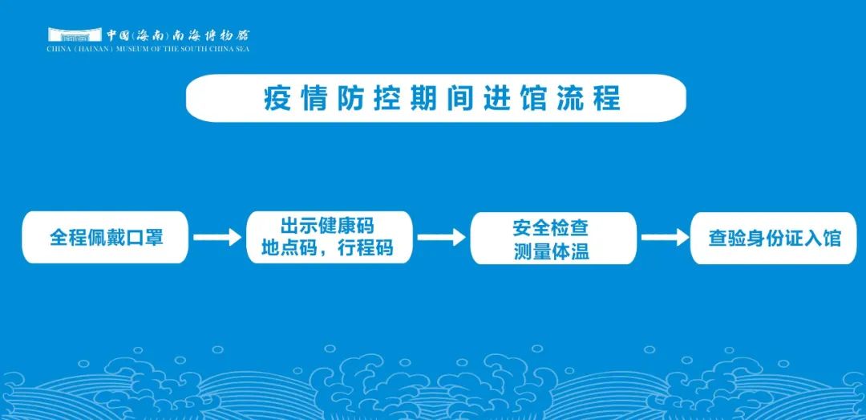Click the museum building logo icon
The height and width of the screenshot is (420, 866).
point(75,35)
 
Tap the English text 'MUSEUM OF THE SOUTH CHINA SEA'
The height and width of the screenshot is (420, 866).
point(182,49)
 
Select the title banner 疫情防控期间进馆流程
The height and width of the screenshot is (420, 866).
point(435,98)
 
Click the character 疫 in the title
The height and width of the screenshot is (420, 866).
point(277,99)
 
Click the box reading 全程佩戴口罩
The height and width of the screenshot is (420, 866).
point(105,238)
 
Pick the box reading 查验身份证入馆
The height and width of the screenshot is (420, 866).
point(773,238)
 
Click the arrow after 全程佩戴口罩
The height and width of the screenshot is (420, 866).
point(217,238)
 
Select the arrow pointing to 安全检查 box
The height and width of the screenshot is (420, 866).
point(441,238)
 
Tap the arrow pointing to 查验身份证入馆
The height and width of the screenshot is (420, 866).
point(665,238)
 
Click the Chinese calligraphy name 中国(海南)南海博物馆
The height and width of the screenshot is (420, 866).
point(178,35)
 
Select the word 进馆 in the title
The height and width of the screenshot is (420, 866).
point(516,99)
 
